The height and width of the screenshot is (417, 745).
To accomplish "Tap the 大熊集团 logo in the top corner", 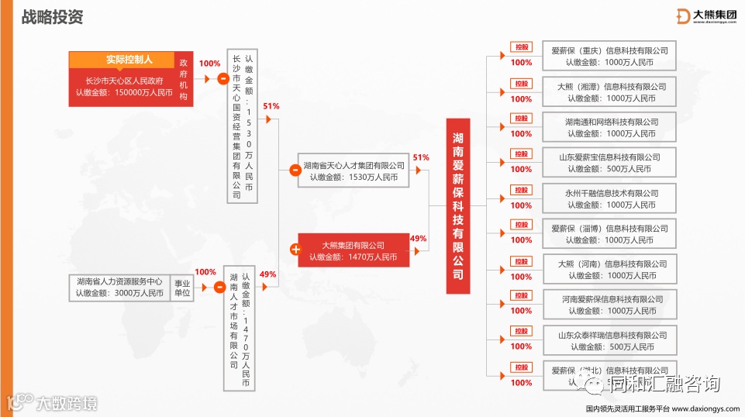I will pos(705,16).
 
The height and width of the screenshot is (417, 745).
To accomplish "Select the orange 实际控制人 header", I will pos(129,60).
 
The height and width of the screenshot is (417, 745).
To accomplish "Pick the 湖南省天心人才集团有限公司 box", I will pos(354,171).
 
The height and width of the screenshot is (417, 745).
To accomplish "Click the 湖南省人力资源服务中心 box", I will pos(119,287).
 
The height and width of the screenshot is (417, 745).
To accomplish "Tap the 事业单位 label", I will pos(181,288).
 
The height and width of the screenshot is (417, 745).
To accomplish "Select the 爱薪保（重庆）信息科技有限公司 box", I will pos(609,56).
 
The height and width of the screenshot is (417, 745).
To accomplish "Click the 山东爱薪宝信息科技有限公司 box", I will pos(609,163).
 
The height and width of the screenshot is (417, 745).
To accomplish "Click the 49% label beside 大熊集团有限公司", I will pos(418,239).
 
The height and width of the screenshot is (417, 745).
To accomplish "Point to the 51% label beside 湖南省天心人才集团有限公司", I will pos(421,157).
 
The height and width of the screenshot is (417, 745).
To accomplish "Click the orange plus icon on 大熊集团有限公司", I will pos(295,250).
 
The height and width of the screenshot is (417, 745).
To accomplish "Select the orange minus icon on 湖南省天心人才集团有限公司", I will pos(295,171).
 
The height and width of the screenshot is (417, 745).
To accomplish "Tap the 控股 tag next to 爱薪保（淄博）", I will pos(521,225).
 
